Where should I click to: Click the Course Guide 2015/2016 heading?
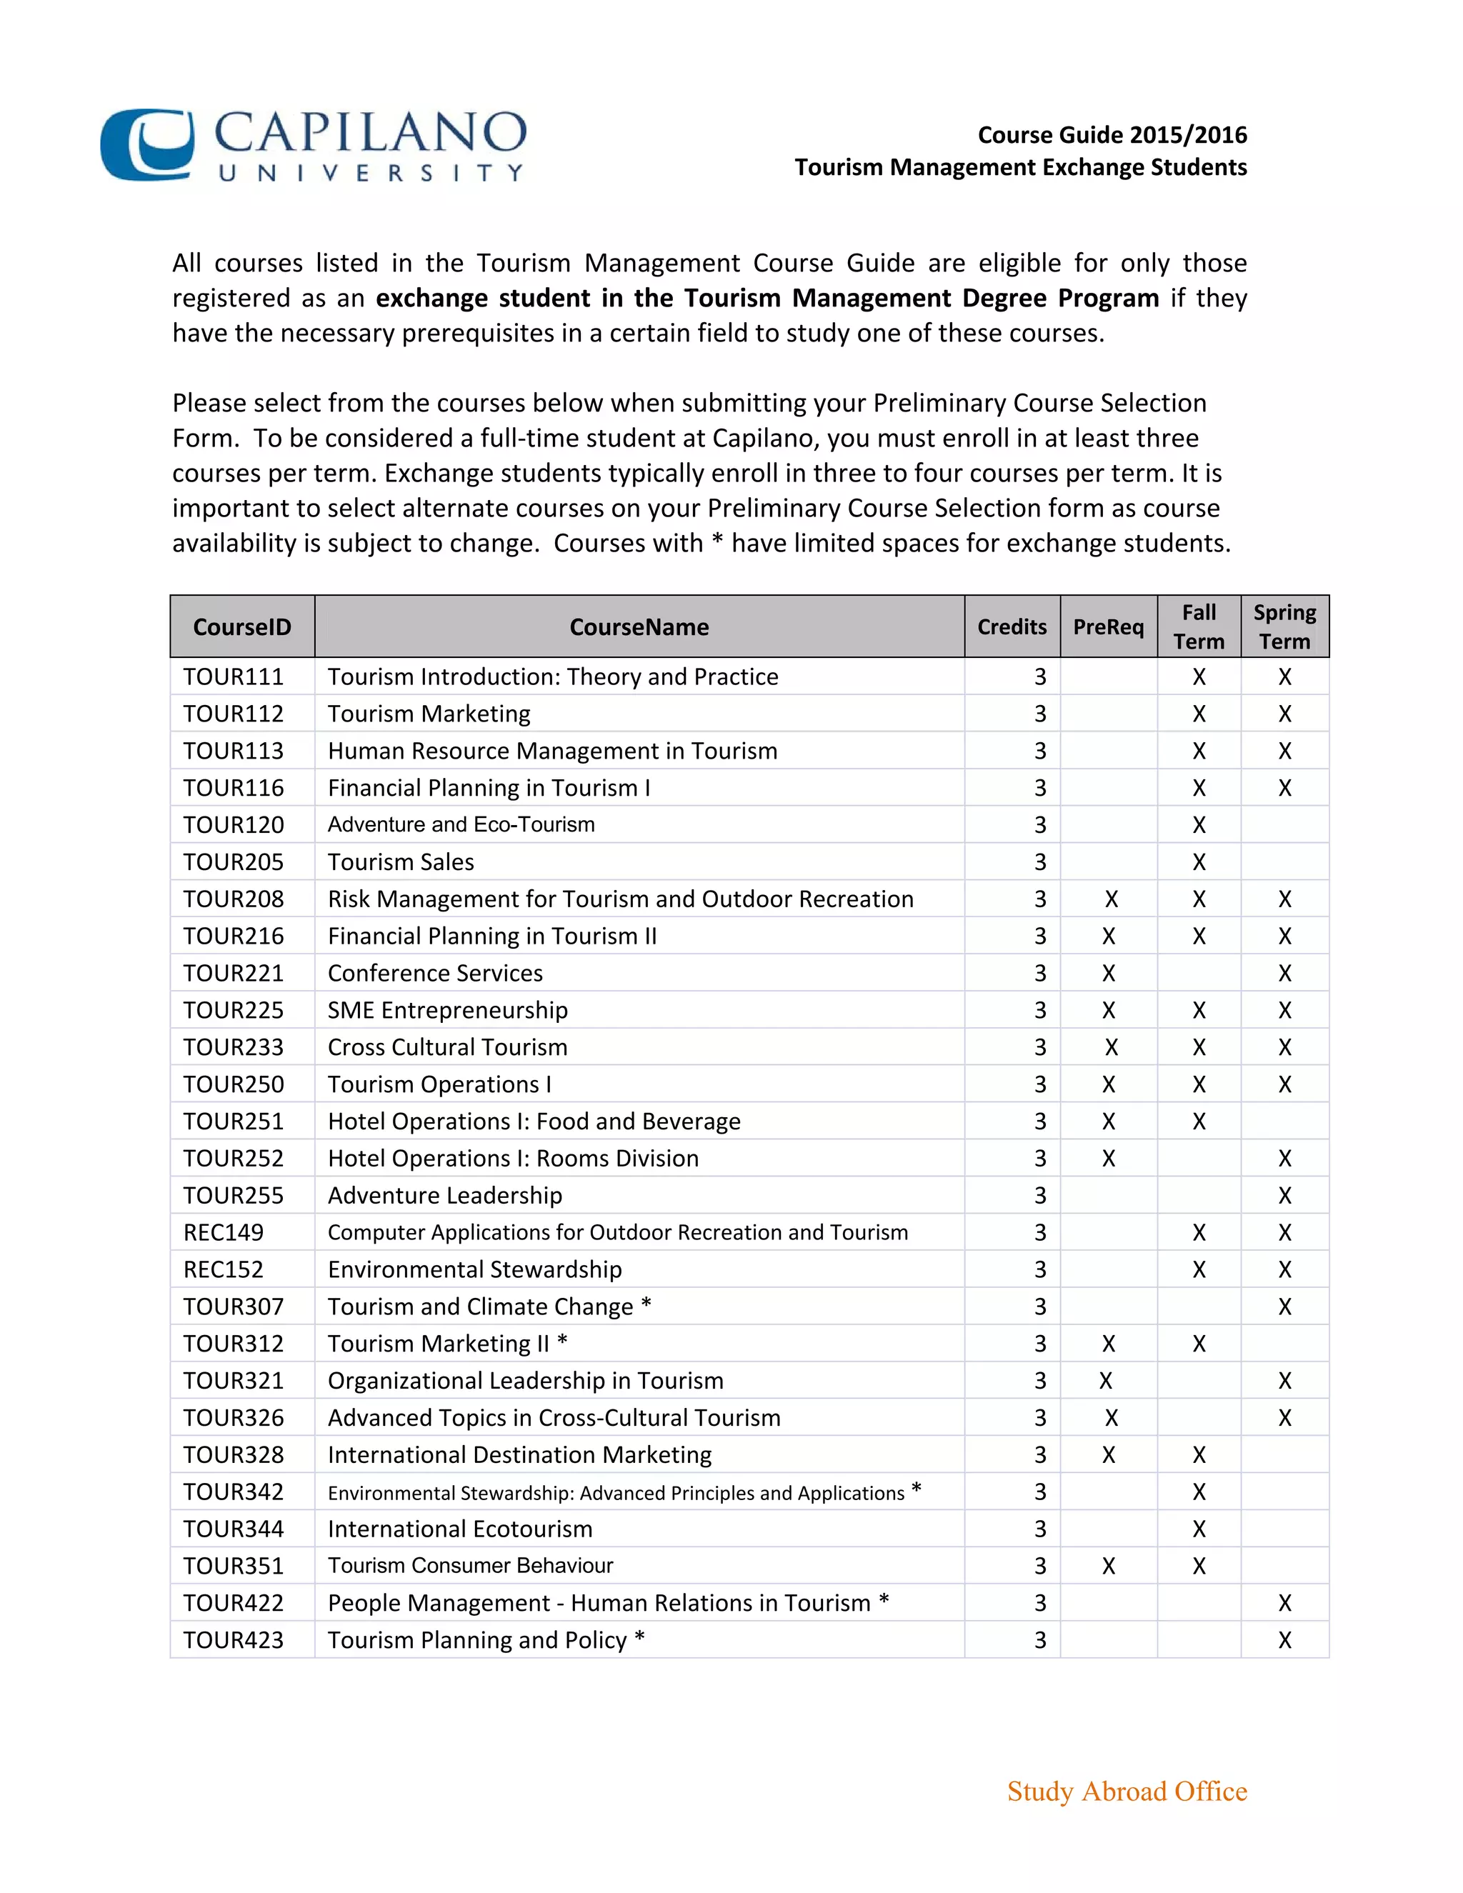pos(1112,135)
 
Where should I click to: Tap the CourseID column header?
pos(242,626)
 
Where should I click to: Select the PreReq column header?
pos(1108,626)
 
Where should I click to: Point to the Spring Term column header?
pos(1284,626)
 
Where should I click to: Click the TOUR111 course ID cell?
pos(233,677)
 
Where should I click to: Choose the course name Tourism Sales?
pos(401,862)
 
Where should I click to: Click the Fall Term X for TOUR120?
pos(1199,825)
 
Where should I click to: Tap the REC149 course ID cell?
pos(223,1232)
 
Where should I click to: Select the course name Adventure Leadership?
pos(444,1196)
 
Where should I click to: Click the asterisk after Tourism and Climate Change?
pos(646,1304)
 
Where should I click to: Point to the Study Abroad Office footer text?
pos(1127,1791)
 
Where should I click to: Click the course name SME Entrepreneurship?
pos(447,1011)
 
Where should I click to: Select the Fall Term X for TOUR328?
pos(1199,1455)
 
